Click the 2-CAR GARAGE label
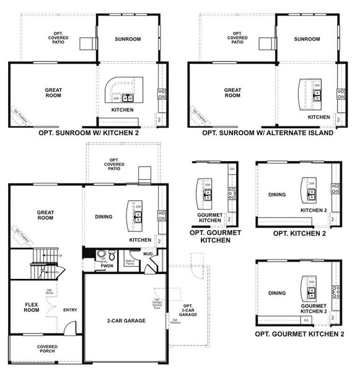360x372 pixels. (x=125, y=321)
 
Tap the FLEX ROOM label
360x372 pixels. (x=31, y=307)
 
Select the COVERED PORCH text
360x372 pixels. (x=46, y=349)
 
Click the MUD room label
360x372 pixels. (x=147, y=254)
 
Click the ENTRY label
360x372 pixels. (x=69, y=310)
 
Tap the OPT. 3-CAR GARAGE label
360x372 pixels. (x=188, y=311)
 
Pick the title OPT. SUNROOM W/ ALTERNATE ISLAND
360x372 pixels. (x=268, y=132)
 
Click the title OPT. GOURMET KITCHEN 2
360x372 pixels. (x=299, y=334)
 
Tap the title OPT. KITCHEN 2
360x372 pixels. (x=299, y=234)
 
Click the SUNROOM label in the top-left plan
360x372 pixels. (x=128, y=39)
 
